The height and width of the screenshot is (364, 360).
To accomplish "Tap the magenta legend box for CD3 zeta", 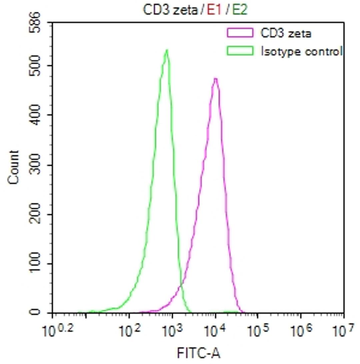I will [x=239, y=33].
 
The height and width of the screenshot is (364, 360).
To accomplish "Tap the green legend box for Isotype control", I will [x=239, y=51].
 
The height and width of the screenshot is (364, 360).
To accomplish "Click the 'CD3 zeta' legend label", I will [x=286, y=33].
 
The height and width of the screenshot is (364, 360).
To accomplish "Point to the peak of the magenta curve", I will [x=216, y=79].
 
